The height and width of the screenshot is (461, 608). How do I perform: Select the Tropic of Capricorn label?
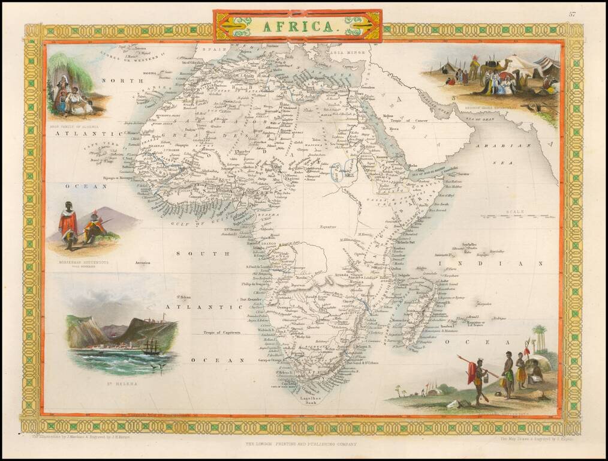[x=221, y=332]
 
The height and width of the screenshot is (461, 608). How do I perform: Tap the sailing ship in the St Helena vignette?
[x=151, y=346]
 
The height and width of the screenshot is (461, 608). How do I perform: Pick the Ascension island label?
[x=142, y=263]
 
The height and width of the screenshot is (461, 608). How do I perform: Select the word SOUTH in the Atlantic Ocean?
[x=202, y=254]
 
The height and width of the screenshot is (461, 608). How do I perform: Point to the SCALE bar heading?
[x=514, y=212]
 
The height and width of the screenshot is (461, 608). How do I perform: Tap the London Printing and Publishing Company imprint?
[x=301, y=444]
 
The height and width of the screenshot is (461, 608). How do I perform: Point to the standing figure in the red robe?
[x=68, y=225]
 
